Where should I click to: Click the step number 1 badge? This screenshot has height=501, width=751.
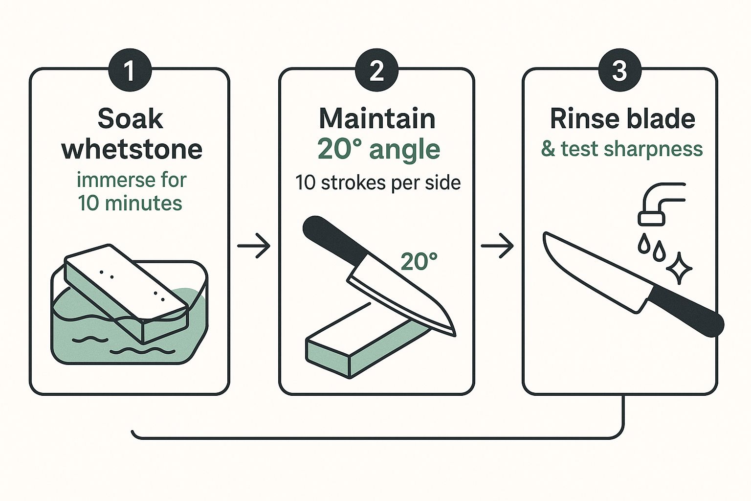click(130, 70)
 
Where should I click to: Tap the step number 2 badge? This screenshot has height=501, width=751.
click(376, 70)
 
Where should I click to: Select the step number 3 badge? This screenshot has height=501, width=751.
click(619, 70)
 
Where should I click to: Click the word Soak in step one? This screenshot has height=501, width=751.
click(131, 119)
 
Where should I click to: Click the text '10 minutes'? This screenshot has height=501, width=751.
click(130, 203)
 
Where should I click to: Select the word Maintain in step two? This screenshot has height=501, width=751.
click(377, 118)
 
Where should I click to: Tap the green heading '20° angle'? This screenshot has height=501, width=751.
click(378, 150)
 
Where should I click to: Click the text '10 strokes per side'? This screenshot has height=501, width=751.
click(378, 183)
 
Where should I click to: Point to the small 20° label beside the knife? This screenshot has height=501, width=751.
click(419, 261)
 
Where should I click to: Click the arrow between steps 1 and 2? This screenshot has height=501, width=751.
click(253, 246)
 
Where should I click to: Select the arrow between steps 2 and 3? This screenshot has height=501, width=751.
click(497, 246)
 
